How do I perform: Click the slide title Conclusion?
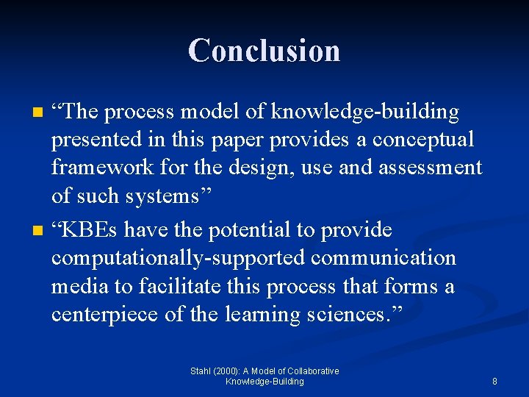coord(264,51)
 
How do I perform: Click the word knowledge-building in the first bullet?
coord(365,112)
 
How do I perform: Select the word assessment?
coord(430,168)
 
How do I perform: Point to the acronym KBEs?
coord(91,230)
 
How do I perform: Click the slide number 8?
coord(494,382)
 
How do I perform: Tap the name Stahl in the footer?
coord(200,371)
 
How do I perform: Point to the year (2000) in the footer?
coord(227,371)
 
